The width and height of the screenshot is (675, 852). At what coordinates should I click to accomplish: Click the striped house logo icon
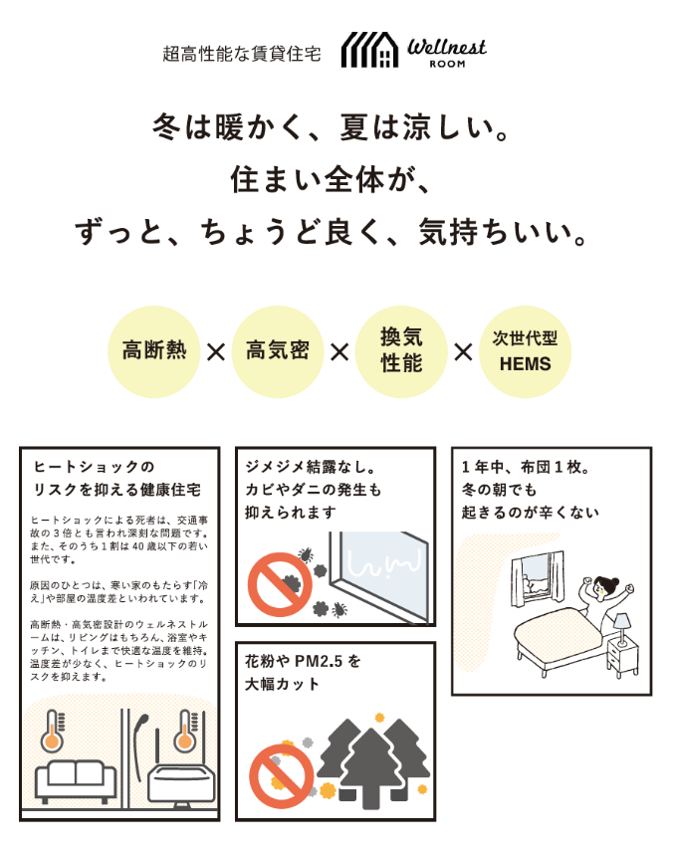click(369, 50)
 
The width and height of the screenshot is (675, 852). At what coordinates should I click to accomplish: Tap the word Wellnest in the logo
click(447, 47)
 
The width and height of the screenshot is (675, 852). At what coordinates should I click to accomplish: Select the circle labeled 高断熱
click(154, 351)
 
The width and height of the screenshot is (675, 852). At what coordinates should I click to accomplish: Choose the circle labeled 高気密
click(278, 351)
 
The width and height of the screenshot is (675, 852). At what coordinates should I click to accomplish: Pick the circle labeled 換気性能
click(401, 351)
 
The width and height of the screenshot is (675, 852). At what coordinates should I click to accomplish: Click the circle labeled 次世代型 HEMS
click(525, 351)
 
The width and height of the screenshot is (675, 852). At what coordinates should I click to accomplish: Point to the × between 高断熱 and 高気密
click(216, 352)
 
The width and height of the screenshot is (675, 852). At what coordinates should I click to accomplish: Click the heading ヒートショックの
click(94, 467)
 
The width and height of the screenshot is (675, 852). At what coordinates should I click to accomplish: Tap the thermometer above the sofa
click(53, 731)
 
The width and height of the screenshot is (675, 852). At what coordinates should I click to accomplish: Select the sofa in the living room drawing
click(76, 780)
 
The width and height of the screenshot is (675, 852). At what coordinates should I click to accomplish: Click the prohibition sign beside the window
click(280, 584)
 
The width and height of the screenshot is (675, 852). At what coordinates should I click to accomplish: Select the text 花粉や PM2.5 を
click(303, 661)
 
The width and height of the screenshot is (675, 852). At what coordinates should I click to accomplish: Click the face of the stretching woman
click(600, 587)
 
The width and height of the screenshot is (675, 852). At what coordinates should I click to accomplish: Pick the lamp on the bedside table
click(621, 629)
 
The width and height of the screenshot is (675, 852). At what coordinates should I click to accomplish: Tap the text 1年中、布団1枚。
click(525, 467)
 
